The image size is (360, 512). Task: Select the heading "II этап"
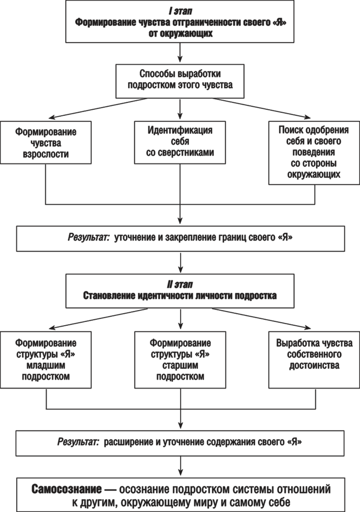pyautogui.click(x=180, y=285)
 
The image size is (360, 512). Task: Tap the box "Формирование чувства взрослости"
pyautogui.click(x=46, y=142)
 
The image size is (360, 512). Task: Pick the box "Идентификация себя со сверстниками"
pyautogui.click(x=180, y=142)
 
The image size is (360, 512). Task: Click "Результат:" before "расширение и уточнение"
pyautogui.click(x=79, y=442)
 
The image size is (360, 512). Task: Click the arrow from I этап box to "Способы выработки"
pyautogui.click(x=180, y=53)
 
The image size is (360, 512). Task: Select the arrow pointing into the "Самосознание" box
pyautogui.click(x=180, y=466)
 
